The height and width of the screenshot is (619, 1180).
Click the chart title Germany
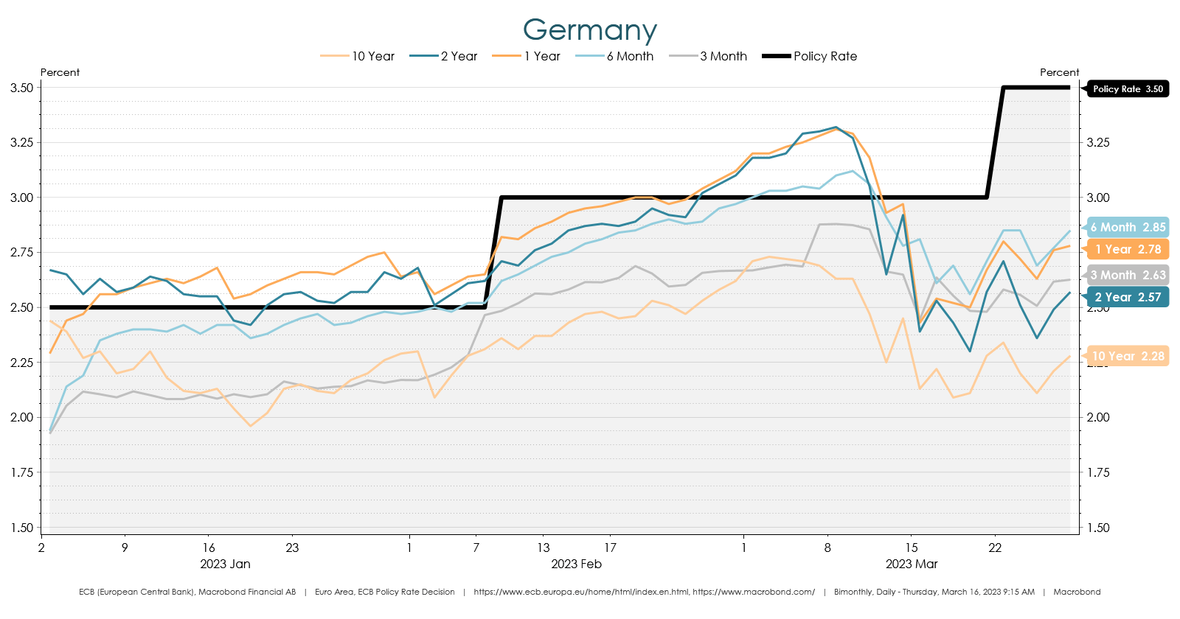(x=589, y=30)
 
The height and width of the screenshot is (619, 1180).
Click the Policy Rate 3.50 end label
(x=1128, y=89)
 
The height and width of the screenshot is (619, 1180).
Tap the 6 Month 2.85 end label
(x=1128, y=227)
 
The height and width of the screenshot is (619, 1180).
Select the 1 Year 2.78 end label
(x=1128, y=249)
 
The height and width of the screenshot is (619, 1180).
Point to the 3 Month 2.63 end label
(x=1128, y=275)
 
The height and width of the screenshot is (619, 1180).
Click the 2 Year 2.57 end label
(x=1128, y=297)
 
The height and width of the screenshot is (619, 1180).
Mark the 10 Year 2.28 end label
(x=1128, y=356)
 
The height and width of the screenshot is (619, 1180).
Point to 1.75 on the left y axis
(x=21, y=472)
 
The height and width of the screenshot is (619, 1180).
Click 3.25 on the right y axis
(x=1098, y=142)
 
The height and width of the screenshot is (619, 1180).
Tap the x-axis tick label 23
(x=292, y=548)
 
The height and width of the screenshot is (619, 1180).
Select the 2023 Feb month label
(x=576, y=564)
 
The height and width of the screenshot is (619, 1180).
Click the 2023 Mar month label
(x=911, y=564)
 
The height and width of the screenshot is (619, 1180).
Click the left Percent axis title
(x=60, y=72)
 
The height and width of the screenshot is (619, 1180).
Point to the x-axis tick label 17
(x=610, y=548)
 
